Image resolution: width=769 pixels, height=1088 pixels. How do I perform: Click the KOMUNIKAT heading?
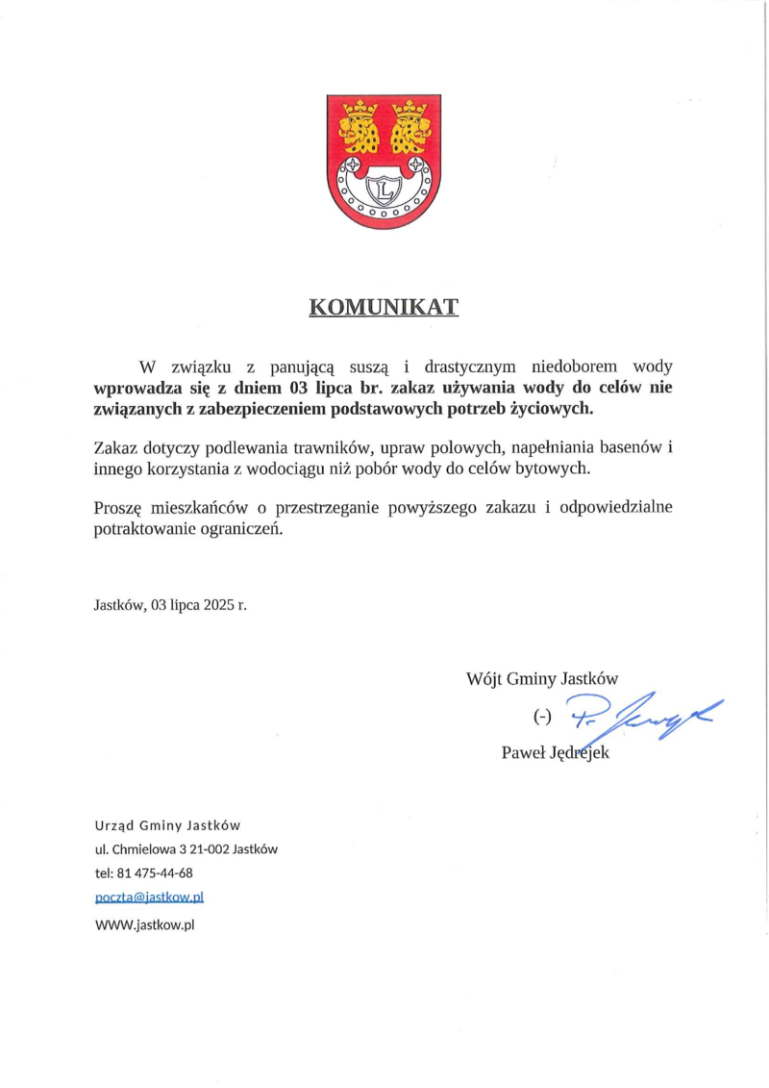384,308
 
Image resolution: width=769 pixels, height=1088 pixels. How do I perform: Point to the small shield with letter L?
384,190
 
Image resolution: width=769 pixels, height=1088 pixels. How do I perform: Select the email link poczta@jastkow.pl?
149,898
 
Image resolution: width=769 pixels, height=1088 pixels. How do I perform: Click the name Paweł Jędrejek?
556,752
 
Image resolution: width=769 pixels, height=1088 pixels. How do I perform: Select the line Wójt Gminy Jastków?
541,677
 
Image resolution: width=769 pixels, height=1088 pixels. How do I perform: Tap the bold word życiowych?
553,409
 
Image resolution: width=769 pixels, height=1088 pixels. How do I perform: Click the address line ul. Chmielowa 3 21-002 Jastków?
186,849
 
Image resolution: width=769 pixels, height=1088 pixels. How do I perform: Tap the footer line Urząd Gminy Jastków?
166,825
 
